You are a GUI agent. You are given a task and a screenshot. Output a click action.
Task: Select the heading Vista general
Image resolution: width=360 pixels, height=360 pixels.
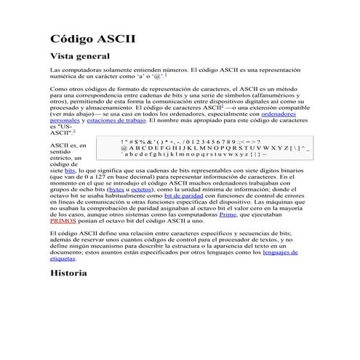coord(79,56)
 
